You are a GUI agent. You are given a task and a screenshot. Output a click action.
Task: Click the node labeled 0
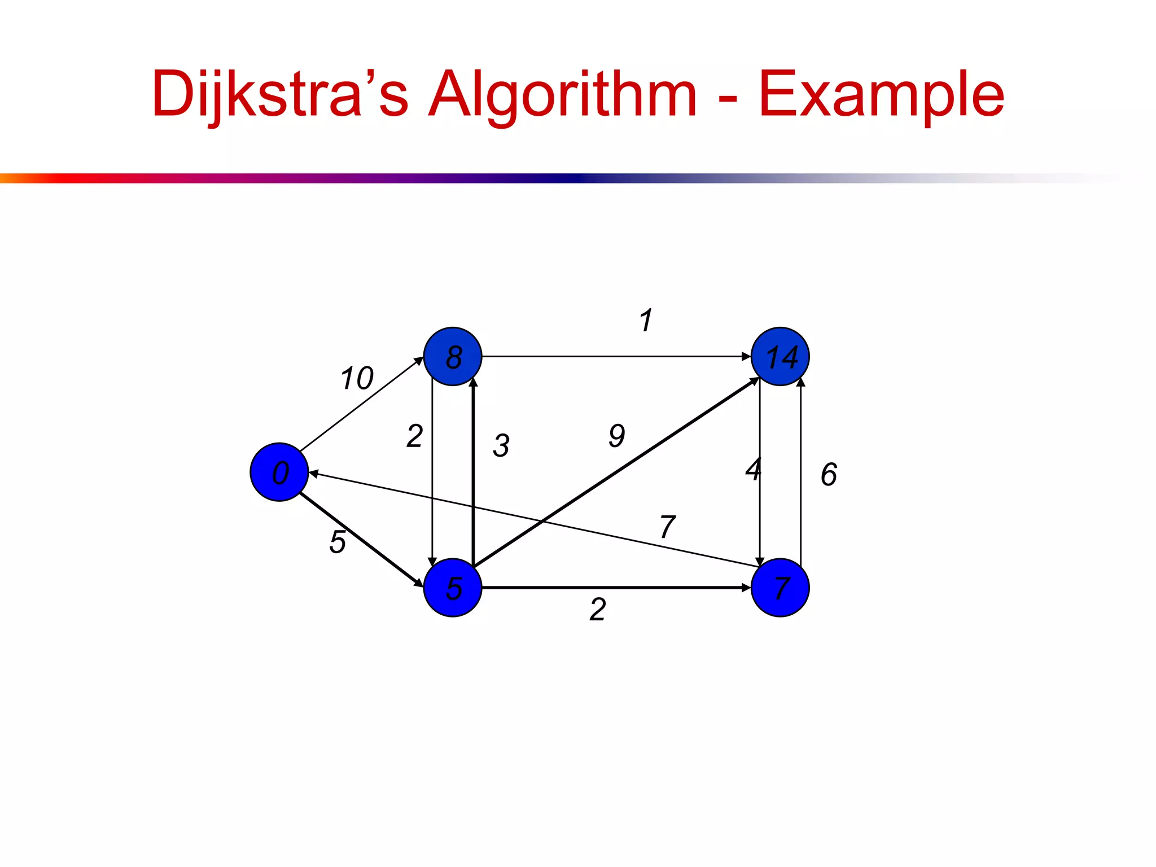coord(279,472)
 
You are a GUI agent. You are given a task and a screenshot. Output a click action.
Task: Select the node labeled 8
coord(453,356)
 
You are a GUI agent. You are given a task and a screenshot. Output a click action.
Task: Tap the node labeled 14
coord(780,356)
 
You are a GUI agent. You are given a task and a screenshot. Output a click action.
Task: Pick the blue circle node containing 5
coord(453,588)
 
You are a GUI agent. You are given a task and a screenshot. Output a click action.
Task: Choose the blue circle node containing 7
coord(780,588)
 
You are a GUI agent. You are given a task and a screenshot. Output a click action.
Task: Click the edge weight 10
coord(357,378)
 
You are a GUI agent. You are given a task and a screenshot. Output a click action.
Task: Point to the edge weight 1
coord(646,321)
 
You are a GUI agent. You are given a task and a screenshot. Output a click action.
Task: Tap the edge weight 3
coord(501,445)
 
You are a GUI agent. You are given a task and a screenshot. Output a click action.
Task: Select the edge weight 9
coord(617,436)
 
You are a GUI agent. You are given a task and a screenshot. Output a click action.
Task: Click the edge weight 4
coord(753,469)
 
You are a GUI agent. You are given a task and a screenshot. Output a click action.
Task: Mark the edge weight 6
coord(829,474)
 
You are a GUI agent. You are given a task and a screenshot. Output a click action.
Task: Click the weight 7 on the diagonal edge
coord(667,527)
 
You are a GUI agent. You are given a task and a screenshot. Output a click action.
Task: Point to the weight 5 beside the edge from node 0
coord(338,542)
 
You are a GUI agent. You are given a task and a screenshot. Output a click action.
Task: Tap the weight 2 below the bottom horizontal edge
coord(598,610)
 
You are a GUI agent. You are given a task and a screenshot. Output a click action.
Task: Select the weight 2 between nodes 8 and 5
coord(414,436)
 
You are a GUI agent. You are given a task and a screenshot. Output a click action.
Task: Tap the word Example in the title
coord(881,94)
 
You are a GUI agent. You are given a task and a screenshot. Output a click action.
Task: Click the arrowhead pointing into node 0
coord(313,474)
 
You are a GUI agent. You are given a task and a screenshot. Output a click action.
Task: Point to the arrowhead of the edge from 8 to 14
coord(746,357)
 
